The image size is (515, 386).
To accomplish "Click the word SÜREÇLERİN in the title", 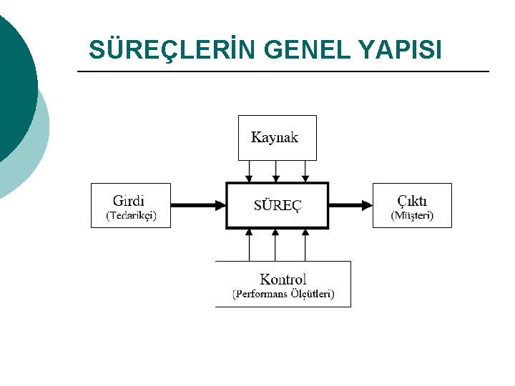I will click(172, 50).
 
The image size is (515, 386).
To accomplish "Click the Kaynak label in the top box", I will click(275, 137).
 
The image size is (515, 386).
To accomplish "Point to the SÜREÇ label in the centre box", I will click(278, 205).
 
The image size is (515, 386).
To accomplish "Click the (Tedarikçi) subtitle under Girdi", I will click(132, 215).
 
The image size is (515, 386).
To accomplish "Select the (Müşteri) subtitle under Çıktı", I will click(412, 215).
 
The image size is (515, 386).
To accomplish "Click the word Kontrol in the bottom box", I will click(283, 279).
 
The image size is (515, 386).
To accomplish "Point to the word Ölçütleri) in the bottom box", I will click(309, 294).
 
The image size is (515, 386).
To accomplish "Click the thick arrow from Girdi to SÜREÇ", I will click(198, 205).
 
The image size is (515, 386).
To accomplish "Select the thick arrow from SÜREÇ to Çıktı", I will click(350, 205).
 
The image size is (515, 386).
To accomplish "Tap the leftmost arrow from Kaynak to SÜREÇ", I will click(249, 171).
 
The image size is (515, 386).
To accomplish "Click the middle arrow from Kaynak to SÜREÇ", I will click(276, 171).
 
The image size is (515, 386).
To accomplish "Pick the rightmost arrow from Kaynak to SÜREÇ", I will click(305, 171).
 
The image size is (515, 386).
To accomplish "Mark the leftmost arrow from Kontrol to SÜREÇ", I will click(249, 245).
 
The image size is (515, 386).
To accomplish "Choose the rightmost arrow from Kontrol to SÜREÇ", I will click(305, 245).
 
